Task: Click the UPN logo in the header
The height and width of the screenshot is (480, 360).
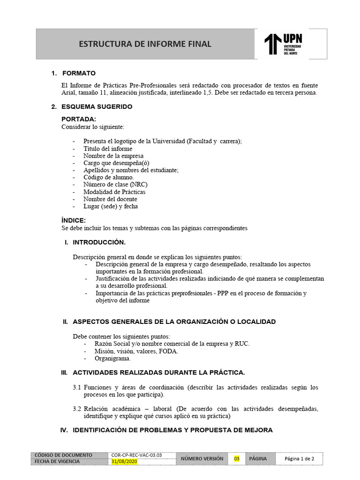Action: coord(284,44)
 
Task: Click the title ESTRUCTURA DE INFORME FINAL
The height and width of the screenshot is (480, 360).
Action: coord(145,44)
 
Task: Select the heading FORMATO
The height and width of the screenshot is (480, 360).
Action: coord(79,73)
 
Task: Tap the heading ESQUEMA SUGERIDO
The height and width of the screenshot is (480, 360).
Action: coord(97,106)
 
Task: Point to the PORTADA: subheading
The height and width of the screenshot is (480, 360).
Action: coord(79,119)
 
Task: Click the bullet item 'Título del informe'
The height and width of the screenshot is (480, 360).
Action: coord(108,149)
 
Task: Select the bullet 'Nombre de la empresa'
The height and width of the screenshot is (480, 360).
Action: coord(113,156)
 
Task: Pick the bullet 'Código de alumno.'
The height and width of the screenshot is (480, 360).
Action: coord(108,177)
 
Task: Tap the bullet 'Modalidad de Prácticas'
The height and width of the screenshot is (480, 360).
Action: coord(114,192)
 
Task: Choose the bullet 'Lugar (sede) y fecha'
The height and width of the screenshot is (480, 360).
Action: coord(111,206)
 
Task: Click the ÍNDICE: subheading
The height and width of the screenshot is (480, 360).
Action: coord(74,220)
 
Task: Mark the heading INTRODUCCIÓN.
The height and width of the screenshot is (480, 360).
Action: coord(99,242)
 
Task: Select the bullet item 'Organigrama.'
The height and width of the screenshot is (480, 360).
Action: coord(112,359)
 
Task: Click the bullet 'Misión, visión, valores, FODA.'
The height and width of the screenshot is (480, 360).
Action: coord(136,351)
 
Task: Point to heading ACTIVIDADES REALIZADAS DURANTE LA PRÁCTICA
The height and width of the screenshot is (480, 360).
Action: coord(158,373)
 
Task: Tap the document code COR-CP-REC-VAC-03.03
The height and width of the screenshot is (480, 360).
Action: coord(136,455)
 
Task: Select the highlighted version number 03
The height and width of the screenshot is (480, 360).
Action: coord(236,458)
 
